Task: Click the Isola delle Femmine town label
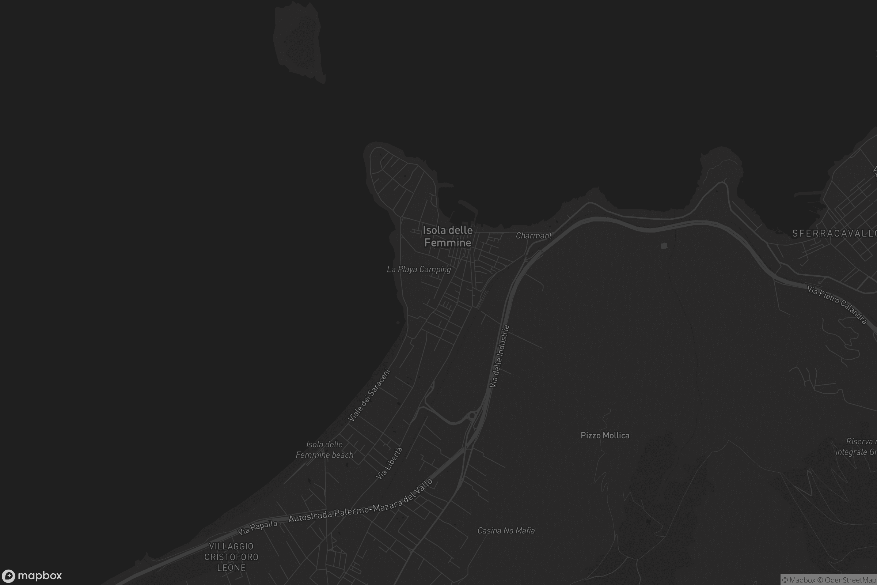point(447,237)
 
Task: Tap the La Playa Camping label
point(419,269)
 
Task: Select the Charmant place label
point(533,236)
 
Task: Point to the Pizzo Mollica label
point(605,435)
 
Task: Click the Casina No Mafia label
point(506,531)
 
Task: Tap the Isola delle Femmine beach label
point(324,450)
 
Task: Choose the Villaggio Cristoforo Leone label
point(231,556)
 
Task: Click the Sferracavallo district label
point(834,234)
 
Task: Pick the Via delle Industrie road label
point(499,356)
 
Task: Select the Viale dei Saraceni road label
point(369,395)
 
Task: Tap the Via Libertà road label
point(389,463)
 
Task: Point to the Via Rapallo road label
point(258,527)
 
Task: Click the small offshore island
point(298,41)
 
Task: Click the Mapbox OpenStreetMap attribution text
point(828,580)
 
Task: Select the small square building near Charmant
point(664,245)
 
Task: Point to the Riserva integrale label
point(856,446)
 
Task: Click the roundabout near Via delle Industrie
point(472,415)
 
